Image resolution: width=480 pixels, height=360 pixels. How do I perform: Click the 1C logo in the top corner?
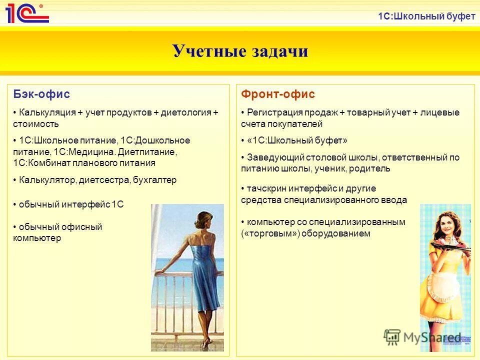coord(27,13)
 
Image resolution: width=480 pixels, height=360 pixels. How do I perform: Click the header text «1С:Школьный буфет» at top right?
coord(426,16)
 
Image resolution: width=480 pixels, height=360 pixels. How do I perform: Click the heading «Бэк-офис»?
coord(41,94)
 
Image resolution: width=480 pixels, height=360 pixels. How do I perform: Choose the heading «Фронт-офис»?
coord(278,94)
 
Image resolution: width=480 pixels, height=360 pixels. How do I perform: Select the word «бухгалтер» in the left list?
coord(155,180)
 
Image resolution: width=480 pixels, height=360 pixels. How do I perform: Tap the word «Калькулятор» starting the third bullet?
coord(47,180)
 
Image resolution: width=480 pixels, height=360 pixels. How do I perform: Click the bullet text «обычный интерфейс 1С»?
coord(71,204)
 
